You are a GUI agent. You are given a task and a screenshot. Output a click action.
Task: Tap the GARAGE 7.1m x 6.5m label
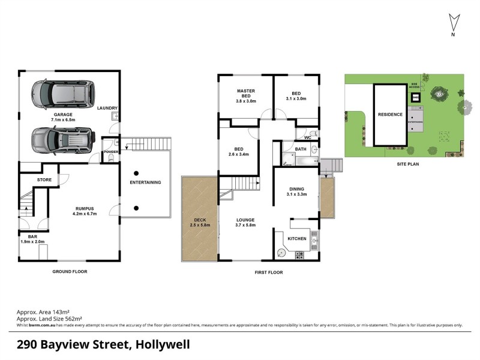(x=63, y=116)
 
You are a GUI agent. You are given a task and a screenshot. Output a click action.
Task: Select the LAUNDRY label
(x=107, y=108)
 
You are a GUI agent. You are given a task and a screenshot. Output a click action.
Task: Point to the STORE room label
(x=44, y=179)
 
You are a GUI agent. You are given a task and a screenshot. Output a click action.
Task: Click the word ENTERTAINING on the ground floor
(x=146, y=182)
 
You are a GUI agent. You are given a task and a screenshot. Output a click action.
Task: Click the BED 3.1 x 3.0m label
(x=296, y=96)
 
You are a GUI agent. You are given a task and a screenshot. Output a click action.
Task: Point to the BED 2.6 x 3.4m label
(x=238, y=152)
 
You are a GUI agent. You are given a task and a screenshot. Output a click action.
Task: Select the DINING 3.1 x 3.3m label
(x=296, y=191)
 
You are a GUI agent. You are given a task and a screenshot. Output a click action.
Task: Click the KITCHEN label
(x=297, y=239)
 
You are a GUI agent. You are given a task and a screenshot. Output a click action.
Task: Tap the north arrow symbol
(x=454, y=25)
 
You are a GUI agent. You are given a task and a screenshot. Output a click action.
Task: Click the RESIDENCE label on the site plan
(x=390, y=115)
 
